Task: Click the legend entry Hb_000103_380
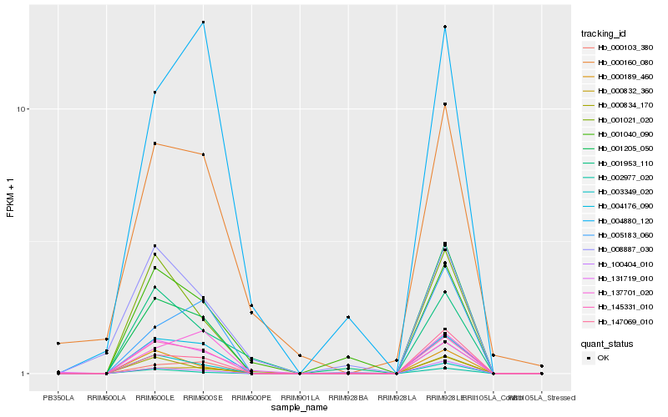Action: (620, 48)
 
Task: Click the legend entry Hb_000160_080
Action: (620, 63)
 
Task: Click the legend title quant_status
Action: (607, 343)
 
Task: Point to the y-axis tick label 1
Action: (27, 374)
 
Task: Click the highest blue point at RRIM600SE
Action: (203, 23)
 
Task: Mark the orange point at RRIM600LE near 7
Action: (155, 143)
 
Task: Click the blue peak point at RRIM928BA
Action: (348, 318)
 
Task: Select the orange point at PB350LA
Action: (58, 344)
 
